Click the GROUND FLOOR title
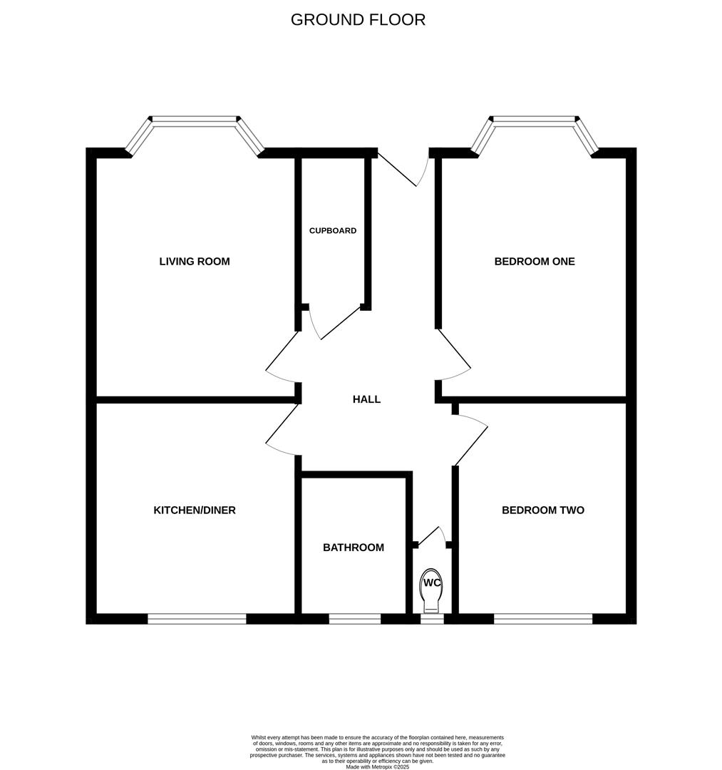358,20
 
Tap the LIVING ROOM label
195,262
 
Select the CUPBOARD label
333,231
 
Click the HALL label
366,399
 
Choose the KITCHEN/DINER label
195,510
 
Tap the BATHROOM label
354,548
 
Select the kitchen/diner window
197,619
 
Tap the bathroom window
355,619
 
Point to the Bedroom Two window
543,619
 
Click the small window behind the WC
432,619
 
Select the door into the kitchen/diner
282,428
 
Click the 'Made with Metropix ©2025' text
377,767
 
